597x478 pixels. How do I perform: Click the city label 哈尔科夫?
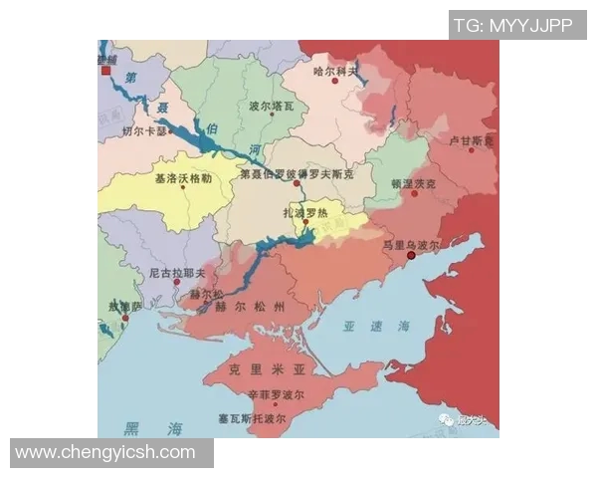335,71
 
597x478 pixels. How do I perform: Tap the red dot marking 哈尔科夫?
336,82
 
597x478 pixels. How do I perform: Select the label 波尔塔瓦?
271,105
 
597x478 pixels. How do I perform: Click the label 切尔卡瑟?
144,130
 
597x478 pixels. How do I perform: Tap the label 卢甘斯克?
470,141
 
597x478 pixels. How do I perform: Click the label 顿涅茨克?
413,183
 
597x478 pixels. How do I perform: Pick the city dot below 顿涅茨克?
414,194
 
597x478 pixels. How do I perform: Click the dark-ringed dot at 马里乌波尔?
411,256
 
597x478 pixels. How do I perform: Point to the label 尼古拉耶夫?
176,271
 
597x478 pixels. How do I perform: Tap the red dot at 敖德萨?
125,318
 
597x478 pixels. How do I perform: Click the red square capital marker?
106,71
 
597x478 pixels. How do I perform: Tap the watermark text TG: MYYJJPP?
512,25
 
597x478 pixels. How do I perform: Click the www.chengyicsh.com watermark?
105,453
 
